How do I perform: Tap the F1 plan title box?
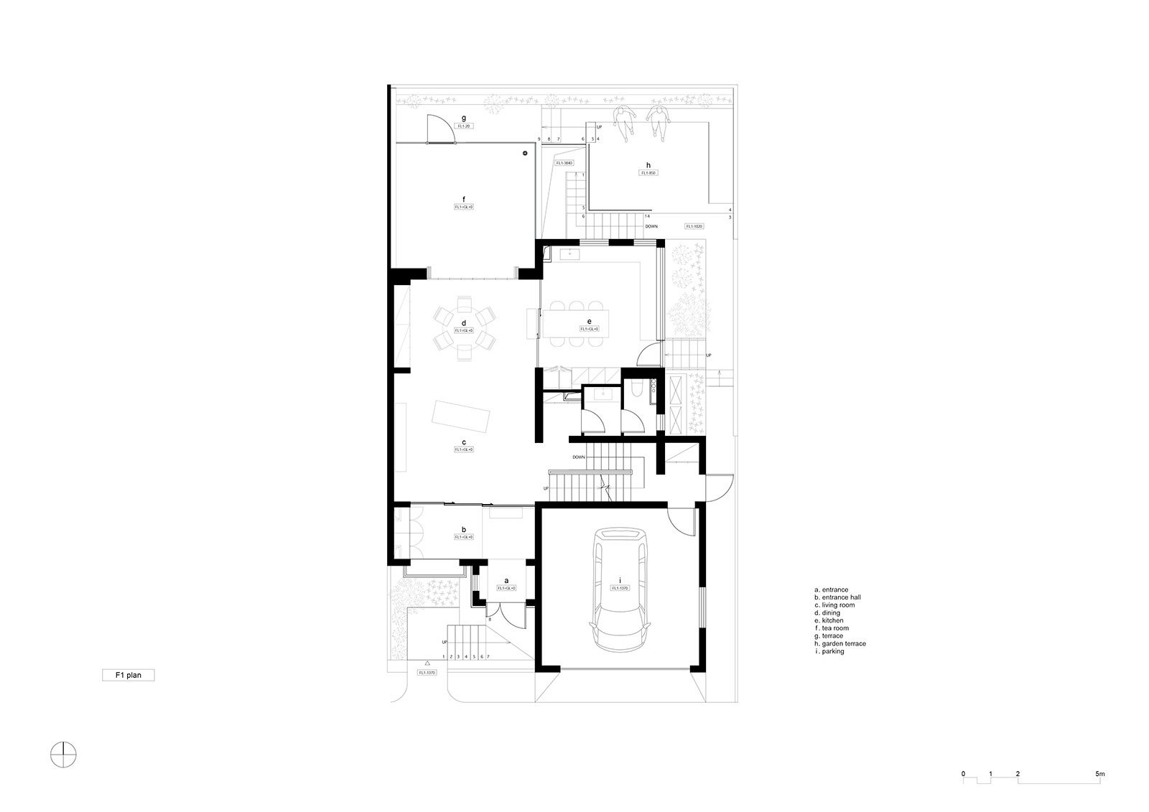click(x=128, y=676)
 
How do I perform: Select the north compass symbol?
click(x=64, y=753)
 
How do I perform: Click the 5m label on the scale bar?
click(x=1099, y=774)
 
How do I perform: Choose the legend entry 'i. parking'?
click(x=829, y=651)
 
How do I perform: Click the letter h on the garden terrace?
click(x=648, y=164)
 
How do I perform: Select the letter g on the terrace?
click(x=464, y=118)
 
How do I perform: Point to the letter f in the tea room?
click(x=464, y=198)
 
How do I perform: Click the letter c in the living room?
click(x=464, y=442)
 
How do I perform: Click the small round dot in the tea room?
click(x=525, y=153)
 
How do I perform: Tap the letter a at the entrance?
click(x=506, y=580)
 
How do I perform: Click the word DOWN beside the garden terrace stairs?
click(x=651, y=226)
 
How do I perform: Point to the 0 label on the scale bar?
click(x=964, y=774)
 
